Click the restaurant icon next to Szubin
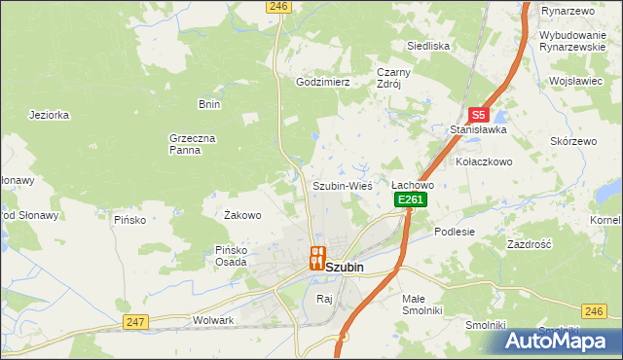(315, 258)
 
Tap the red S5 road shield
(478, 114)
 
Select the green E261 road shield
(411, 199)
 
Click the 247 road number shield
(135, 321)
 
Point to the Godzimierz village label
(322, 83)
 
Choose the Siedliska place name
(427, 46)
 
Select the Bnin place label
(209, 104)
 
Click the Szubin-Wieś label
(342, 185)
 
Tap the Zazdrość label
(530, 244)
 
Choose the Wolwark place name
(214, 320)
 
